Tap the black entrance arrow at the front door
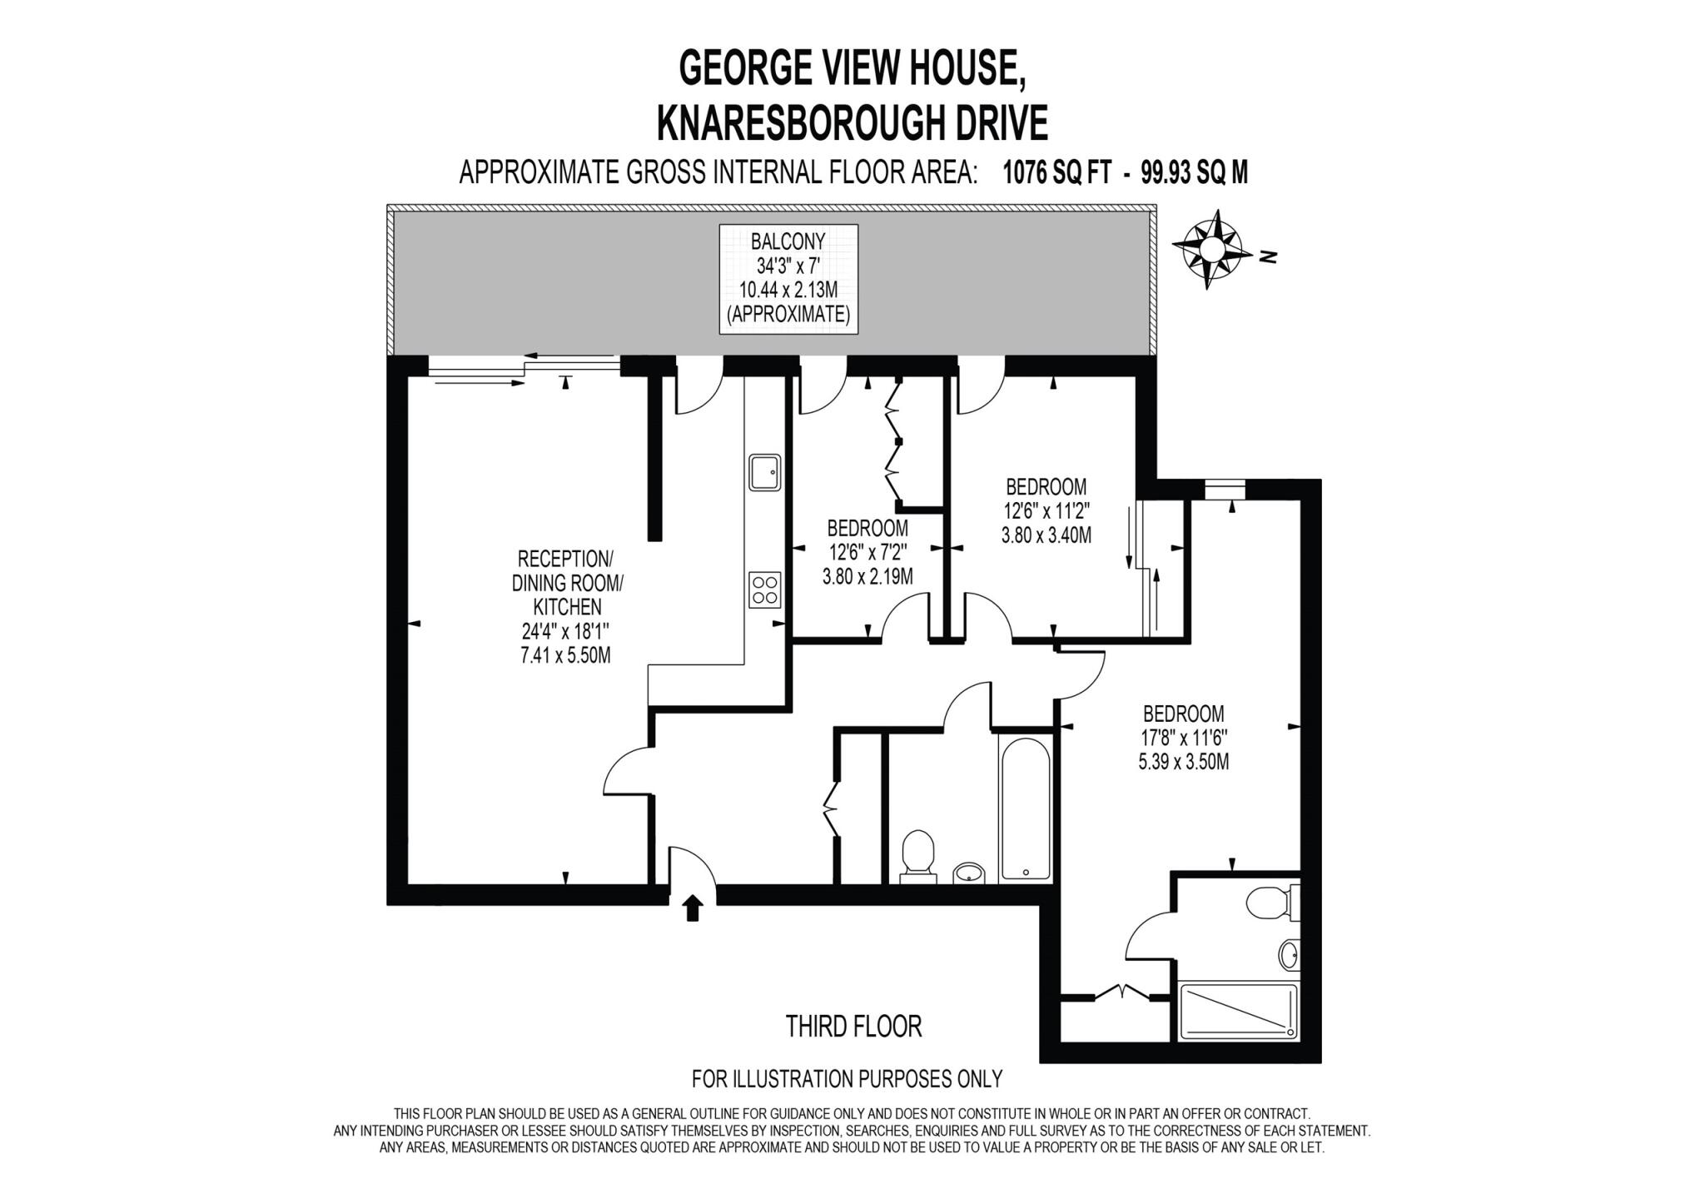(x=692, y=908)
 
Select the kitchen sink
(x=764, y=472)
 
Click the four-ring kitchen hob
(x=765, y=590)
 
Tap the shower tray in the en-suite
(x=1239, y=1011)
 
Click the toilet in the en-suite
(x=1269, y=902)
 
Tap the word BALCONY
(x=788, y=241)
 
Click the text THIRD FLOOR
(x=853, y=1027)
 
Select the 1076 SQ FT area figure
(x=1056, y=173)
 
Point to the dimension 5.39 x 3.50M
(x=1183, y=761)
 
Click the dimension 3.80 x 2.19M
(x=867, y=576)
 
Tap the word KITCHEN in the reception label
(x=567, y=607)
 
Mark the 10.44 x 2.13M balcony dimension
(x=788, y=290)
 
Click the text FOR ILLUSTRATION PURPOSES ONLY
(x=847, y=1079)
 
